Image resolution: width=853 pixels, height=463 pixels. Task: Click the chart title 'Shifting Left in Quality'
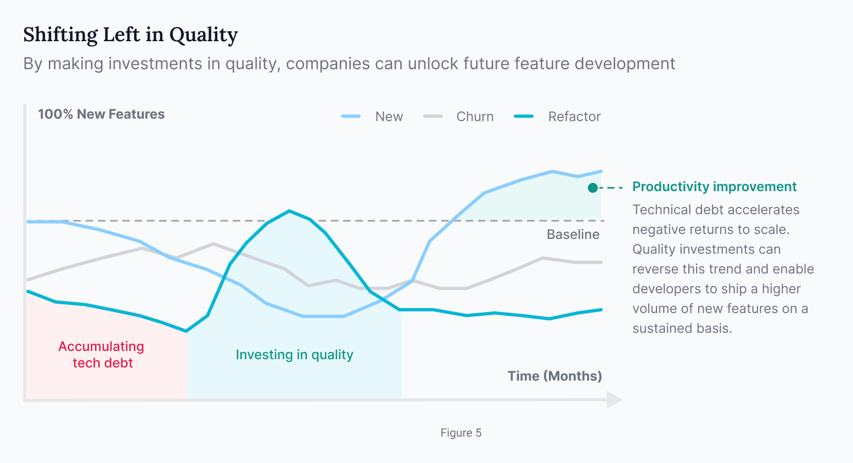[130, 35]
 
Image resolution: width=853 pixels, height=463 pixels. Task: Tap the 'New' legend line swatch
[351, 116]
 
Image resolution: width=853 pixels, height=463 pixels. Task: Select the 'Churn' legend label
[475, 116]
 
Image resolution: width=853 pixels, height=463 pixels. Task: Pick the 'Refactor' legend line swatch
[524, 116]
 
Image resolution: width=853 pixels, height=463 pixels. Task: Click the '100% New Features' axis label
[102, 114]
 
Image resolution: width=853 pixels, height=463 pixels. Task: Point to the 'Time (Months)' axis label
[555, 376]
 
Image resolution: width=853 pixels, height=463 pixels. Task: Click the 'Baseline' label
[573, 235]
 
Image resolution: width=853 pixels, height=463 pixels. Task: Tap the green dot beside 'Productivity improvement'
[592, 188]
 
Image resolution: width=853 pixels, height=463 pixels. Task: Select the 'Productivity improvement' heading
[714, 187]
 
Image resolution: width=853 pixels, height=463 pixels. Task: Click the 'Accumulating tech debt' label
[102, 354]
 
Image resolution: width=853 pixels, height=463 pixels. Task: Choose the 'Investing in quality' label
[294, 355]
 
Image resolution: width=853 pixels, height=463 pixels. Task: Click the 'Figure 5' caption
[461, 433]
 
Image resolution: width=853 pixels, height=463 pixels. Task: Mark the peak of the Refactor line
[289, 211]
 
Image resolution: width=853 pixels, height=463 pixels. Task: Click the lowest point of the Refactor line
[186, 331]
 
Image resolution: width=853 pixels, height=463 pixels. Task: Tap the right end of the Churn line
[601, 262]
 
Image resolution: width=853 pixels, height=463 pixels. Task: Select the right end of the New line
[601, 171]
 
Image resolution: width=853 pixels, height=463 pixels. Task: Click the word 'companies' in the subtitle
[328, 64]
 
